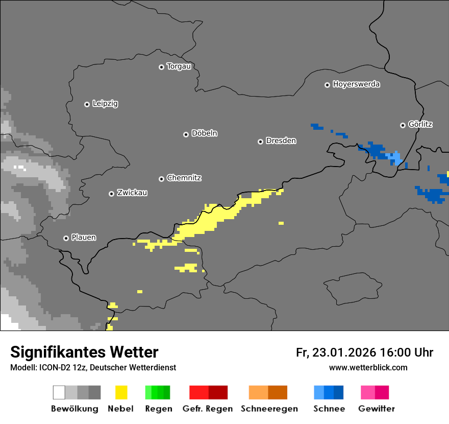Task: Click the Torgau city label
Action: (179, 66)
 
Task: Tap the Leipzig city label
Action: (105, 104)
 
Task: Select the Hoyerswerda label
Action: (356, 84)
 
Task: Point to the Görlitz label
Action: (420, 124)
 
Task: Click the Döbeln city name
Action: (204, 133)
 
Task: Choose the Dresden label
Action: (281, 140)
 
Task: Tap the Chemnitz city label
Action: (184, 178)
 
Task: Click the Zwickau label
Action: (132, 193)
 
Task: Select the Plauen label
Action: (84, 238)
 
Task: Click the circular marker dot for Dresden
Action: (260, 141)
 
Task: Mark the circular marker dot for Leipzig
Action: (87, 104)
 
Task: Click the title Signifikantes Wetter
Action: (84, 352)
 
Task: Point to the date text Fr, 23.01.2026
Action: (336, 352)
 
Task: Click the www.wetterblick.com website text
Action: (368, 367)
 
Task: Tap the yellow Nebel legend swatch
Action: (121, 392)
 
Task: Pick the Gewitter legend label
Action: (377, 409)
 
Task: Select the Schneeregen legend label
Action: (269, 409)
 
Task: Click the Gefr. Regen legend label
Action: (207, 409)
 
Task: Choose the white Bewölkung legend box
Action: (59, 392)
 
